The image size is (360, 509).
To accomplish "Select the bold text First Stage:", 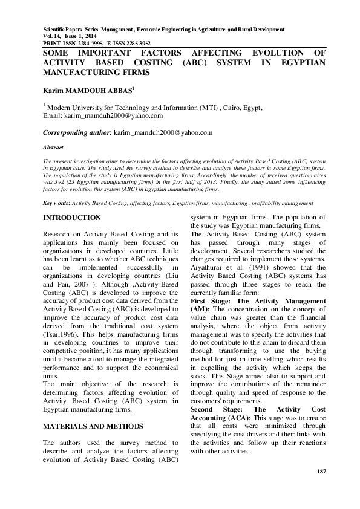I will [x=209, y=300].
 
